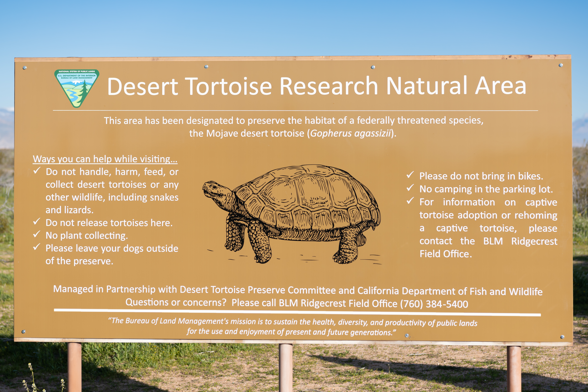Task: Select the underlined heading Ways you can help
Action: pyautogui.click(x=105, y=159)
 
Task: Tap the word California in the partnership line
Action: pyautogui.click(x=378, y=291)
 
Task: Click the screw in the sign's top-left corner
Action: pyautogui.click(x=25, y=68)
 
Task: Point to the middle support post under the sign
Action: pyautogui.click(x=285, y=367)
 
